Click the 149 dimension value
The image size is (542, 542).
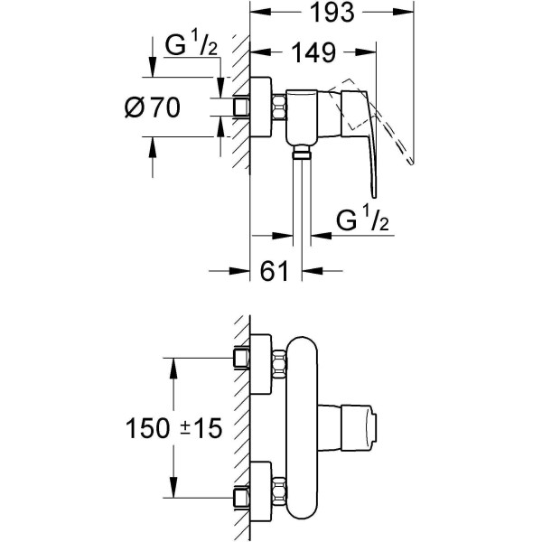(x=313, y=52)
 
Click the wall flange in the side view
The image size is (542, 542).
(x=259, y=107)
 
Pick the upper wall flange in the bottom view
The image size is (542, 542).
(x=259, y=363)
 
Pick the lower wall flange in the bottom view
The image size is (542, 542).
(x=259, y=489)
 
